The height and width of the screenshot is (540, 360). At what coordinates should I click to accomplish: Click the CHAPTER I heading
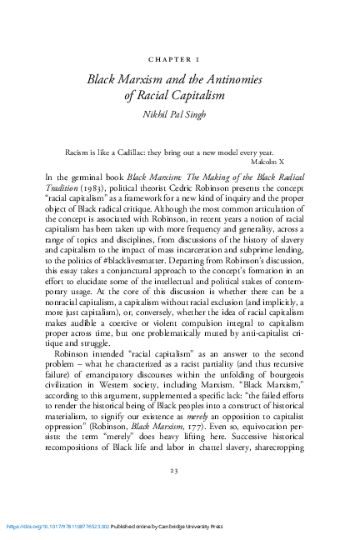[x=180, y=60]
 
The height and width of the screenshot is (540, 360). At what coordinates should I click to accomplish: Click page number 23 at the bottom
[x=180, y=493]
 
